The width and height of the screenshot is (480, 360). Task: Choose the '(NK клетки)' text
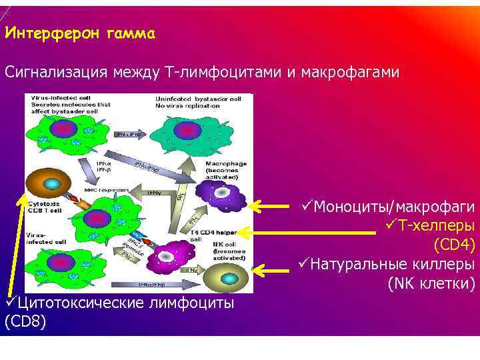pyautogui.click(x=431, y=285)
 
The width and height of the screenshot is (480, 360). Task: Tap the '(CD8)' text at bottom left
pyautogui.click(x=25, y=323)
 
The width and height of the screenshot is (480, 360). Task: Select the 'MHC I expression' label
pyautogui.click(x=107, y=190)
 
